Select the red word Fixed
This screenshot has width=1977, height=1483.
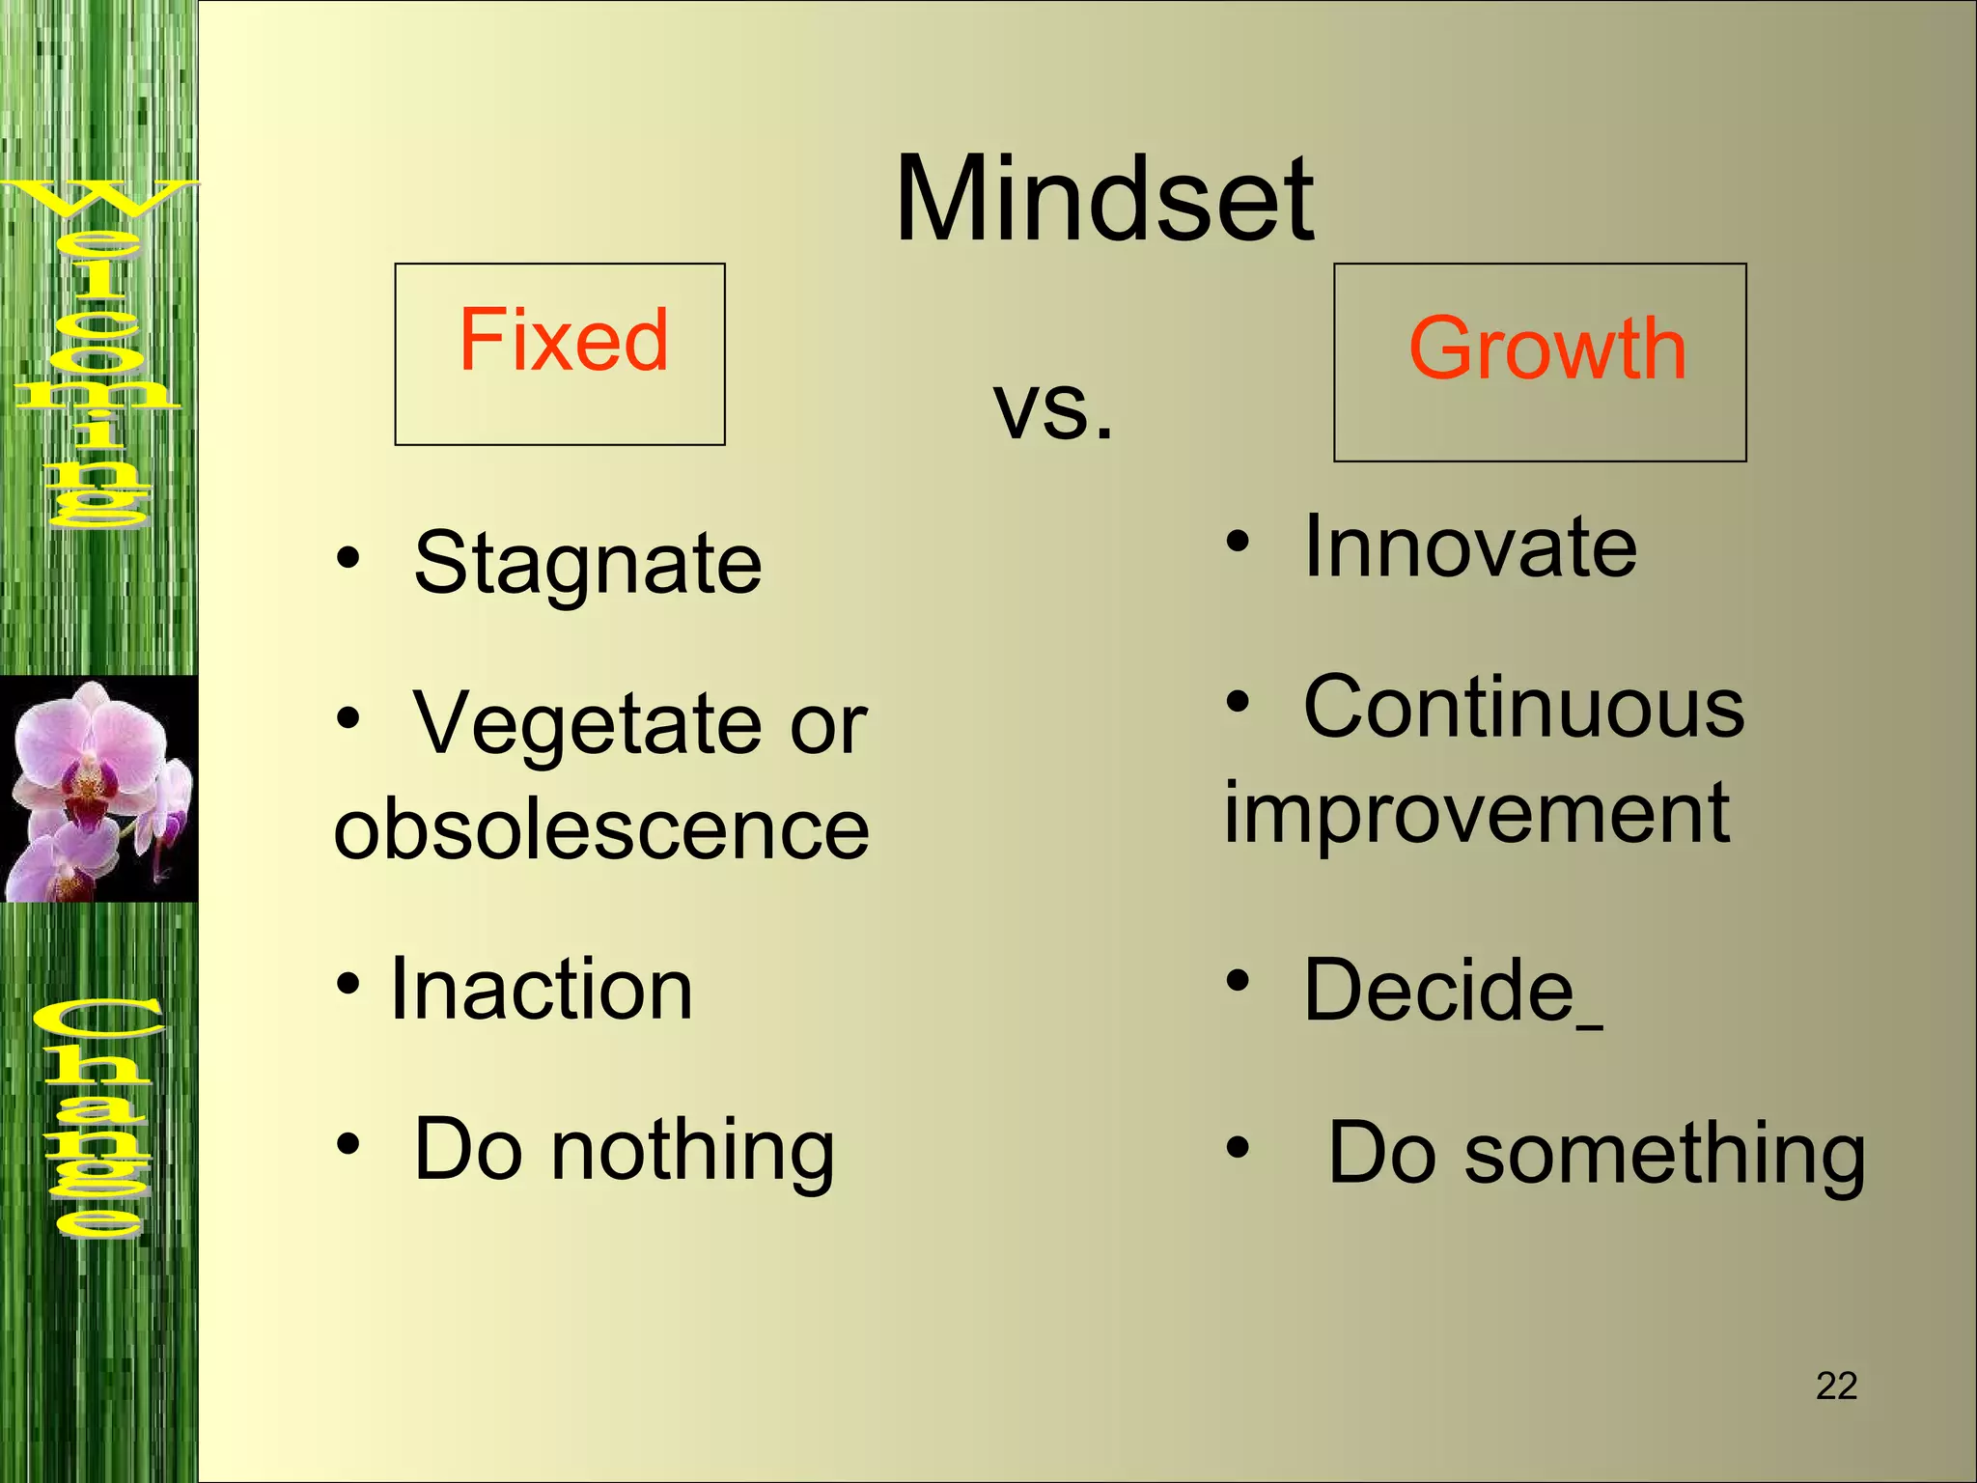click(x=563, y=339)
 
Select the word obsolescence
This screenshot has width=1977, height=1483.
click(x=601, y=829)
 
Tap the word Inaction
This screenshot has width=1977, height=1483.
click(x=541, y=989)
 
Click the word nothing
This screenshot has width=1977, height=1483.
click(x=692, y=1150)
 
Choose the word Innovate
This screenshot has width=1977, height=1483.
click(x=1470, y=547)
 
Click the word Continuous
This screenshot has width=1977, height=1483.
click(x=1523, y=708)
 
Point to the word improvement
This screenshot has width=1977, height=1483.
click(x=1477, y=814)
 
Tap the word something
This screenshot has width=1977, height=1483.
click(x=1665, y=1154)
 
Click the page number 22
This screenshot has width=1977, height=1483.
click(x=1836, y=1386)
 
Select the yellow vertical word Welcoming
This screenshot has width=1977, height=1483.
click(x=97, y=352)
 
